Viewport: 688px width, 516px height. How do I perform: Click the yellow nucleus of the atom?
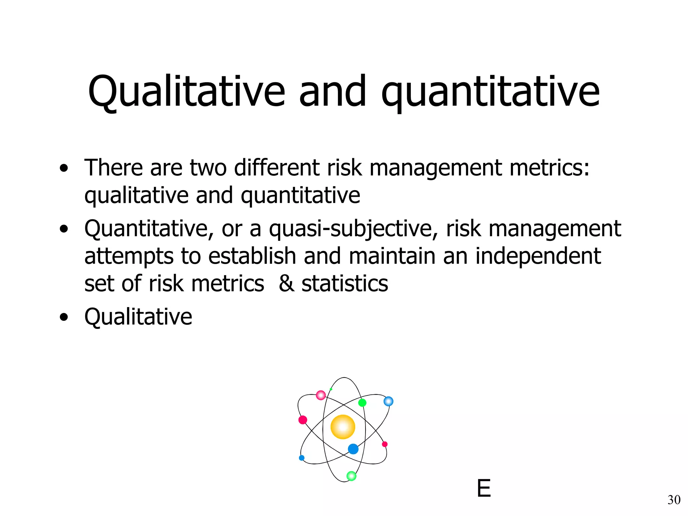coord(343,427)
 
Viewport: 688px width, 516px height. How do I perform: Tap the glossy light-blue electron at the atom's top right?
coord(388,401)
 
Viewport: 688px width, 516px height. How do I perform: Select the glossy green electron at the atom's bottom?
coord(351,476)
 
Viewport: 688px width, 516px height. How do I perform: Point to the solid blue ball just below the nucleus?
coord(353,449)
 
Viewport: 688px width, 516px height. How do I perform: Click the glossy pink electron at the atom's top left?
coord(321,395)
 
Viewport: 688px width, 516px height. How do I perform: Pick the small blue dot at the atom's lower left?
coord(302,458)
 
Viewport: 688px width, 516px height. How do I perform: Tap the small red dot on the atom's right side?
coord(385,444)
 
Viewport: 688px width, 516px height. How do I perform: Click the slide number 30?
coord(674,500)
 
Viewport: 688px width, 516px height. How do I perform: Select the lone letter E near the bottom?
coord(484,488)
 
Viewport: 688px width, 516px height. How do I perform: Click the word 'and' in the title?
coord(332,91)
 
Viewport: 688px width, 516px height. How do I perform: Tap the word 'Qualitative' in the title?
coord(186,91)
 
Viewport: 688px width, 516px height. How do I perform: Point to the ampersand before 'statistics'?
coord(286,283)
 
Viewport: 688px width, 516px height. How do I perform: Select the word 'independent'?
coord(538,256)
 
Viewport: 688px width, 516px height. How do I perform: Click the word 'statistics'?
coord(345,283)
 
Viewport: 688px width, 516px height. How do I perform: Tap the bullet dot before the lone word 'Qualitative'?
coord(63,317)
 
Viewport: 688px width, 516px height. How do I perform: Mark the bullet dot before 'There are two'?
coord(63,168)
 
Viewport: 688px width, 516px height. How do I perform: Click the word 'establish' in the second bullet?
coord(252,256)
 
